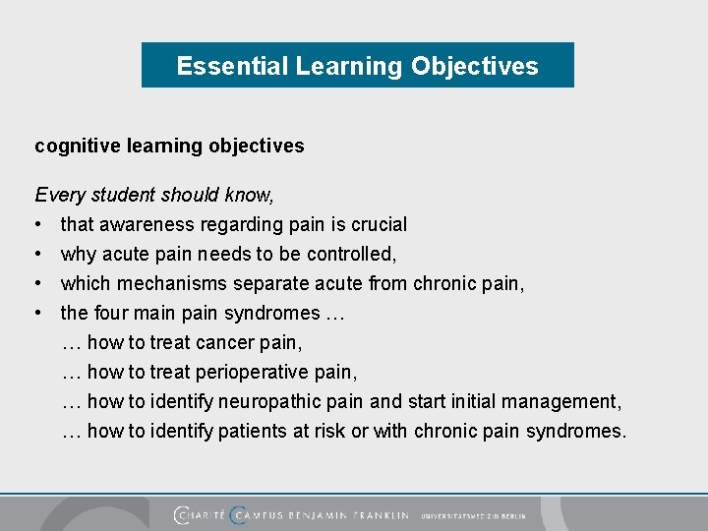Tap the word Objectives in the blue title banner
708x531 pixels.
point(475,66)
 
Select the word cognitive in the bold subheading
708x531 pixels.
point(75,147)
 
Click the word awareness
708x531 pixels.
point(147,225)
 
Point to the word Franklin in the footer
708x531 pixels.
point(375,515)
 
